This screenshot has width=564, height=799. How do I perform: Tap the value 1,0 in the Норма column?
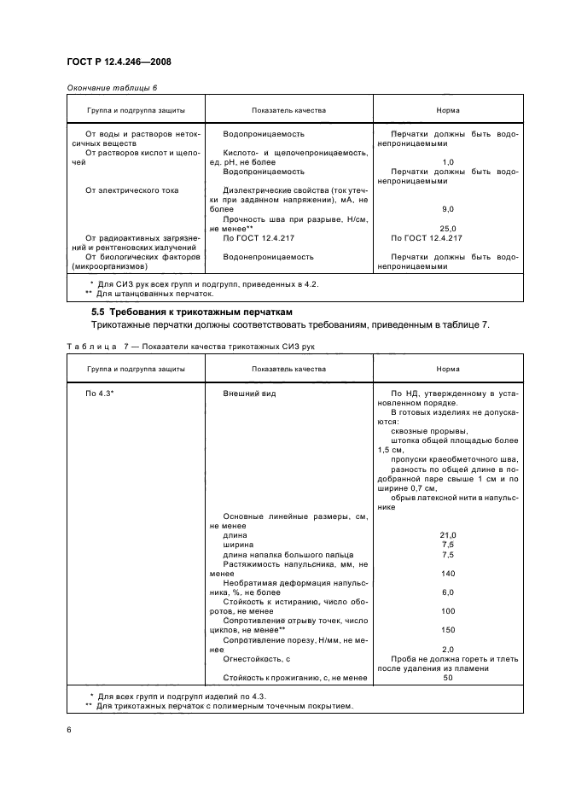pyautogui.click(x=447, y=161)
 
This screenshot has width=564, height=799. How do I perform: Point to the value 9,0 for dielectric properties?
pyautogui.click(x=447, y=208)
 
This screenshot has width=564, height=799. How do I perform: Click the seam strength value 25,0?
pyautogui.click(x=447, y=228)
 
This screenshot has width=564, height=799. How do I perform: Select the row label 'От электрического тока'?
pyautogui.click(x=132, y=190)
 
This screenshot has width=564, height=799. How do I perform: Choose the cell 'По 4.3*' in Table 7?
pyautogui.click(x=101, y=393)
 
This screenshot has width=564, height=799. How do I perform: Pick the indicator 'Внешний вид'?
pyautogui.click(x=249, y=393)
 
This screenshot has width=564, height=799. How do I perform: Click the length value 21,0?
pyautogui.click(x=447, y=534)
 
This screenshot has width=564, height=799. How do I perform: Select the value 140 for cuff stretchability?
pyautogui.click(x=447, y=573)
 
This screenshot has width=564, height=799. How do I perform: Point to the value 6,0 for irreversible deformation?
pyautogui.click(x=447, y=592)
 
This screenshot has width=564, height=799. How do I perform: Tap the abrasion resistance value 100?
pyautogui.click(x=447, y=611)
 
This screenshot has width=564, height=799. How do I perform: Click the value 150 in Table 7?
pyautogui.click(x=447, y=630)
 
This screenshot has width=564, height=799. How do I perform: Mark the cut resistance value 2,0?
pyautogui.click(x=447, y=649)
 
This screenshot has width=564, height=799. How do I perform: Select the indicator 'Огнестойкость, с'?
pyautogui.click(x=257, y=658)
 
